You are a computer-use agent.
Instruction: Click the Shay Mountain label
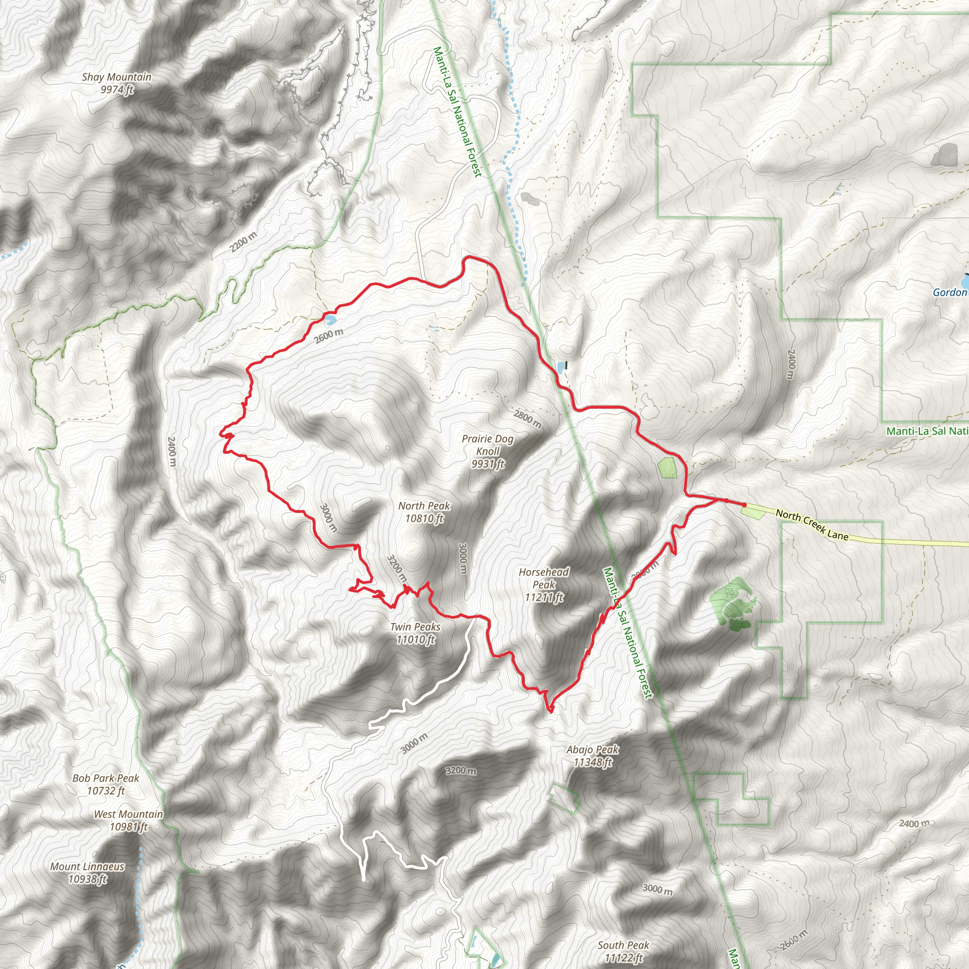(116, 83)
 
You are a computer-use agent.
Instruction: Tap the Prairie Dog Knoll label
(487, 451)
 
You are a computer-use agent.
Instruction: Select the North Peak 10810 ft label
(424, 511)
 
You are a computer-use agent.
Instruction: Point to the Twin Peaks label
(415, 633)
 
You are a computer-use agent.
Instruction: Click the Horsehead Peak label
(544, 584)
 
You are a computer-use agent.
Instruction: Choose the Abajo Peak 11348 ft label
(592, 756)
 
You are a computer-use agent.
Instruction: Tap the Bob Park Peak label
(106, 784)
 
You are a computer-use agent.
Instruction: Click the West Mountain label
(128, 820)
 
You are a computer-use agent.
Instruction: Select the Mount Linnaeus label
(87, 872)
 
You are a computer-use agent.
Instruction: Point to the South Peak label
(624, 951)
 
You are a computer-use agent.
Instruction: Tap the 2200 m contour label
(243, 242)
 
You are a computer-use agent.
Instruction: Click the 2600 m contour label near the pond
(329, 335)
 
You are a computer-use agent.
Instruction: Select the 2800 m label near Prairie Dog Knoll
(527, 419)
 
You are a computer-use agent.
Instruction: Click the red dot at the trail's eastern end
(744, 504)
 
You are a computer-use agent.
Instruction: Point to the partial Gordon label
(950, 292)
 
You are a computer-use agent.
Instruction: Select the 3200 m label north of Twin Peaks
(396, 568)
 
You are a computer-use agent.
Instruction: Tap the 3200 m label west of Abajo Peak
(461, 770)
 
